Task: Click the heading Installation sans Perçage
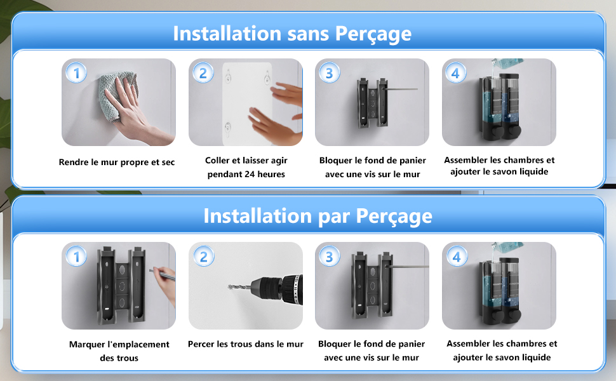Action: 292,34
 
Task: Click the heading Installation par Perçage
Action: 318,216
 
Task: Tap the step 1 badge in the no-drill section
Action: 76,72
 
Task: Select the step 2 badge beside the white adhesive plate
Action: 203,72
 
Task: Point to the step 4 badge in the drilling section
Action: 456,257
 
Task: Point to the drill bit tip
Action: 229,287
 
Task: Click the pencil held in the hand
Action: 162,274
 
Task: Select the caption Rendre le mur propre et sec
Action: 117,162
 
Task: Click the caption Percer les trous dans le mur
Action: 246,344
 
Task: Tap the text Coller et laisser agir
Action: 246,160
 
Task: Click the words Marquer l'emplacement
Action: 119,344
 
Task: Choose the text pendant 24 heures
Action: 246,174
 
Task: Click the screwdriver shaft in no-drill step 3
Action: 400,90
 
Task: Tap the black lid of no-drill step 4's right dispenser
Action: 509,76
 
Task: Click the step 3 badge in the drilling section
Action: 329,257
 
